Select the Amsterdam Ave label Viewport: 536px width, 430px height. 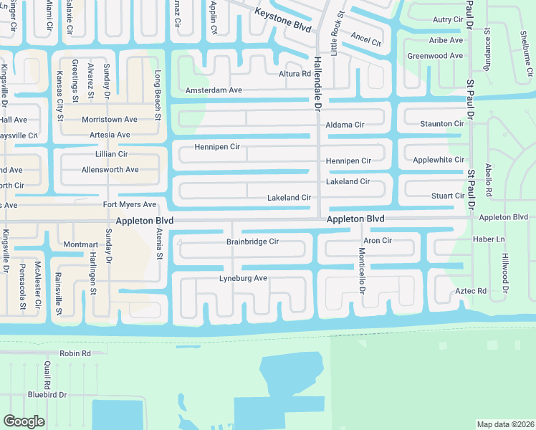pos(214,90)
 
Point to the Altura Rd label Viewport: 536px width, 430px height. pos(295,74)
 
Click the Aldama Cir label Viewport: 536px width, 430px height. pos(345,125)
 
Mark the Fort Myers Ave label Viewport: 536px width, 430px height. pos(130,205)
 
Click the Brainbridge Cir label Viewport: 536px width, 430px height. pos(252,242)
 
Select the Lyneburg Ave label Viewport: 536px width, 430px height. pos(243,278)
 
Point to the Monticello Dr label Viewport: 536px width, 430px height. pos(363,271)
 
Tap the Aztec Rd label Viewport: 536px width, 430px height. pos(471,291)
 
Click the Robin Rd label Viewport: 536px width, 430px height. pos(75,353)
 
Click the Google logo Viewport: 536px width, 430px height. pos(24,421)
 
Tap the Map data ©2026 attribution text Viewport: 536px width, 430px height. pos(504,424)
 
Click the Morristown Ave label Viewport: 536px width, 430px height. pos(109,119)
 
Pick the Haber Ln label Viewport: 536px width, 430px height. pos(489,239)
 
